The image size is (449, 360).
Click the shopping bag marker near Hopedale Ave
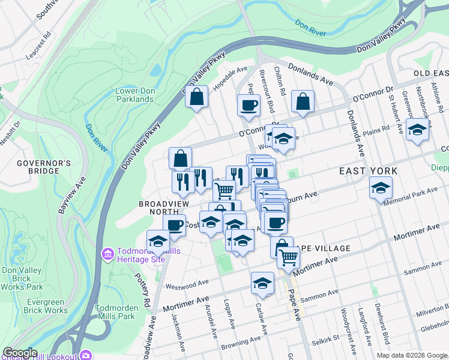196,97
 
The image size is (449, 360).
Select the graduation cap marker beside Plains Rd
417,130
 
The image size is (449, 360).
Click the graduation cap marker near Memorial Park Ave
381,189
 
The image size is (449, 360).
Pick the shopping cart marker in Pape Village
289,257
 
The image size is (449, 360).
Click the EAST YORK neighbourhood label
368,171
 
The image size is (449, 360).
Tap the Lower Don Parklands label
134,95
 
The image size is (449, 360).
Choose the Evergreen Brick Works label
46,306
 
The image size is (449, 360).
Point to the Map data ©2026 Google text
411,355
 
